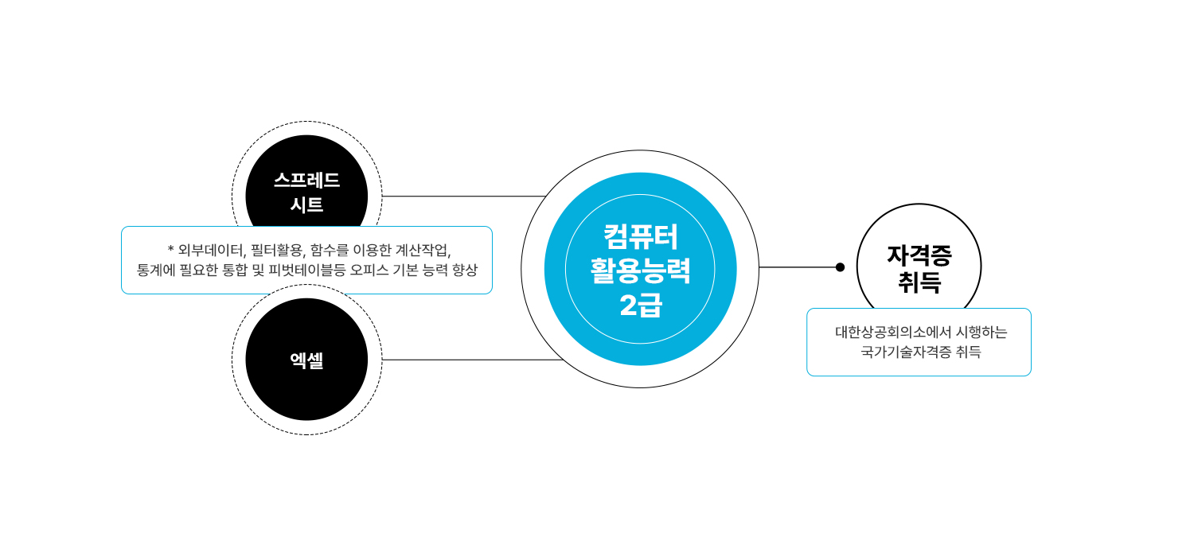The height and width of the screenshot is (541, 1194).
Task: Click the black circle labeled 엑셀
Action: tap(306, 360)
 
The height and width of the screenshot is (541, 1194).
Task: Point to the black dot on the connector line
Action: tap(840, 267)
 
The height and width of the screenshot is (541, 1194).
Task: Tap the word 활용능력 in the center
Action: tap(640, 271)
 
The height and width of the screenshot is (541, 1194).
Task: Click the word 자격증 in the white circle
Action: tap(919, 255)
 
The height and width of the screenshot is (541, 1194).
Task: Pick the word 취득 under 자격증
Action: tap(919, 282)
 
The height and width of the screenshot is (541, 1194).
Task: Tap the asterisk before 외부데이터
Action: tap(171, 249)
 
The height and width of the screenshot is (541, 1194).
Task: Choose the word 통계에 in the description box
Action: tap(156, 270)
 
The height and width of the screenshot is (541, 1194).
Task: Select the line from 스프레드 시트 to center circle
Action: tap(462, 196)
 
